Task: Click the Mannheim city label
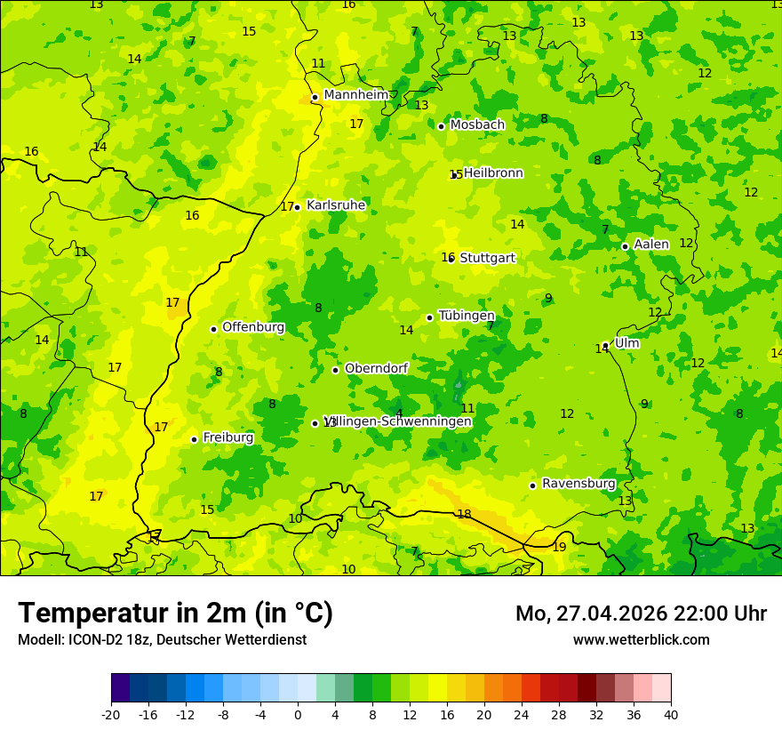coord(355,95)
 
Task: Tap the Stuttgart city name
coord(487,258)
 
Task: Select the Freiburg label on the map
coord(227,437)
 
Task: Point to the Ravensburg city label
coord(579,484)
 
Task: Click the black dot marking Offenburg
coord(213,329)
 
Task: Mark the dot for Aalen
coord(625,246)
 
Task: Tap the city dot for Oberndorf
coord(335,370)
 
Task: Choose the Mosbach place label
coord(477,125)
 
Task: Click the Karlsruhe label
coord(336,205)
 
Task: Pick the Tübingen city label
coord(467,316)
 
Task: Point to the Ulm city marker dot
coord(605,345)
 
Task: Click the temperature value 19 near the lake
coord(559,547)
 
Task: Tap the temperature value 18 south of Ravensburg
coord(464,514)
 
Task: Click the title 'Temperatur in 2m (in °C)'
coord(175,613)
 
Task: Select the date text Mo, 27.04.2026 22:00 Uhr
coord(641,614)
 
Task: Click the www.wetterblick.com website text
coord(641,639)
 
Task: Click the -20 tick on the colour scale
coord(111,714)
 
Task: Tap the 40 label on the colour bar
coord(671,714)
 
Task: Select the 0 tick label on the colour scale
coord(298,714)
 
